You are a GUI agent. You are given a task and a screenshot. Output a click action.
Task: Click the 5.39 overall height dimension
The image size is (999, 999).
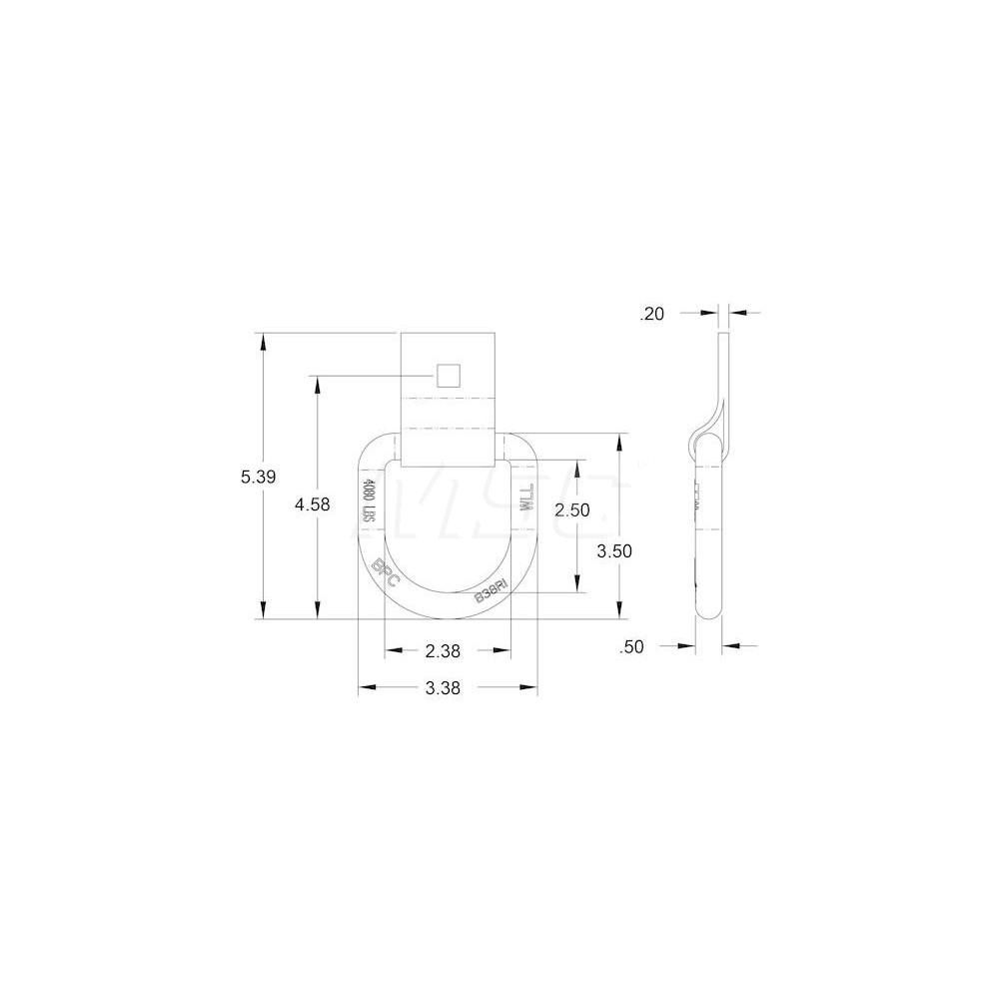(x=258, y=477)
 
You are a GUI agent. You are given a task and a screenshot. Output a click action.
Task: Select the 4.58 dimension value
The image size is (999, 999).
(x=312, y=504)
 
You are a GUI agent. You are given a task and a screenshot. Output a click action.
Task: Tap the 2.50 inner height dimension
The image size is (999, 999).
(x=572, y=509)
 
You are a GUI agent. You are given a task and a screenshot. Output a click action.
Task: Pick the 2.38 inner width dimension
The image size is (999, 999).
(x=443, y=651)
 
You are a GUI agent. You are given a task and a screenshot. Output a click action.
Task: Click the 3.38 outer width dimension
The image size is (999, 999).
(x=443, y=688)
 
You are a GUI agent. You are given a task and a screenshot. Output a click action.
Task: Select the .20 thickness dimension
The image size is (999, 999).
(x=651, y=314)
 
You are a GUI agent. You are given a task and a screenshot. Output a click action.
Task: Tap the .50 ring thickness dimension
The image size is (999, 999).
(x=631, y=647)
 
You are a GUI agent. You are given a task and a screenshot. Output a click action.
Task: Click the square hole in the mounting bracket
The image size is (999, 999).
(x=448, y=375)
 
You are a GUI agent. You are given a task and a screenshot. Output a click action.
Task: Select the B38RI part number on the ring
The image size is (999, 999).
(x=492, y=590)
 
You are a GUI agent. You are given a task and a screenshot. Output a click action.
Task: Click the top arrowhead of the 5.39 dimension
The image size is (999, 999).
(x=263, y=341)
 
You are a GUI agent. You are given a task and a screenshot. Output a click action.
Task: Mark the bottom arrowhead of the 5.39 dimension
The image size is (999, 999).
(x=263, y=610)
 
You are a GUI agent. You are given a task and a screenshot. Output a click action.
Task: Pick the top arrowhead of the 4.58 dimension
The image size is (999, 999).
(x=317, y=385)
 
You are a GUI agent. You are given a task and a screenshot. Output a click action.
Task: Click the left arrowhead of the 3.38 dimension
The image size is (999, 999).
(x=367, y=687)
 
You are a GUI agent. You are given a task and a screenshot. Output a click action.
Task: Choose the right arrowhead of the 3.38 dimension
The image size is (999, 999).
(x=529, y=687)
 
